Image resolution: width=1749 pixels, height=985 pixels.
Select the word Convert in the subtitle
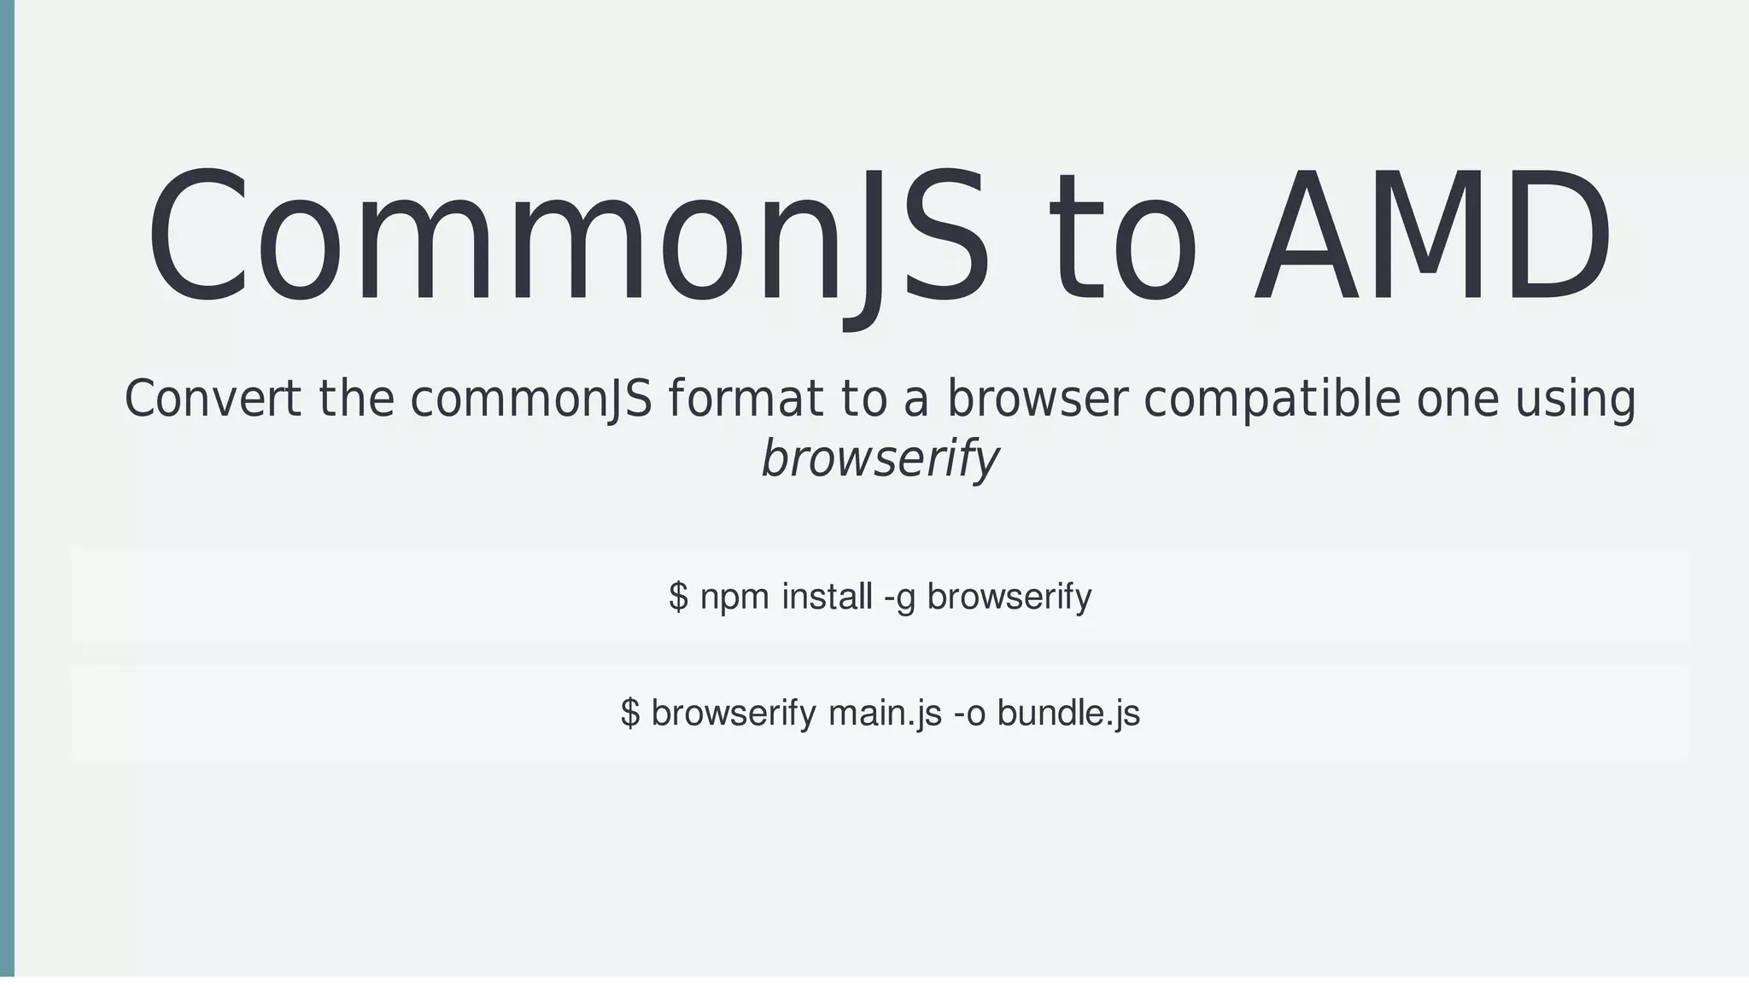pos(213,399)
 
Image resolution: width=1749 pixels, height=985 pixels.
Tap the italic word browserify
pos(879,458)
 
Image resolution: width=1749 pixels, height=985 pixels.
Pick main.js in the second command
pos(885,713)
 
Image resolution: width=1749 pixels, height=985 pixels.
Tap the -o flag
pos(969,713)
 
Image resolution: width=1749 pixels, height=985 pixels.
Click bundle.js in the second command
pos(1068,713)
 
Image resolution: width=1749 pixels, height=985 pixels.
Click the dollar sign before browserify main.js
pos(630,713)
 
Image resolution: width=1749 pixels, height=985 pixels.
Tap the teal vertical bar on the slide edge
pos(7,487)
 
